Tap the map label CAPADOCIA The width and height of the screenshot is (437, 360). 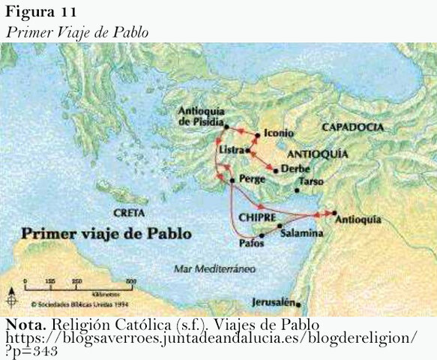pyautogui.click(x=352, y=127)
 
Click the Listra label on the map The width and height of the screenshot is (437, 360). pyautogui.click(x=231, y=150)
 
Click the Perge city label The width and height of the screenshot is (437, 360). pyautogui.click(x=251, y=180)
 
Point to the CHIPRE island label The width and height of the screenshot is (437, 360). pyautogui.click(x=259, y=217)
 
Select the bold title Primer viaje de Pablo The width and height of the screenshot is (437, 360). pyautogui.click(x=106, y=233)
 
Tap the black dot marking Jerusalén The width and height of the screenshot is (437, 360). pyautogui.click(x=299, y=304)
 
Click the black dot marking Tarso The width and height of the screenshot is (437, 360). pyautogui.click(x=297, y=190)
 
